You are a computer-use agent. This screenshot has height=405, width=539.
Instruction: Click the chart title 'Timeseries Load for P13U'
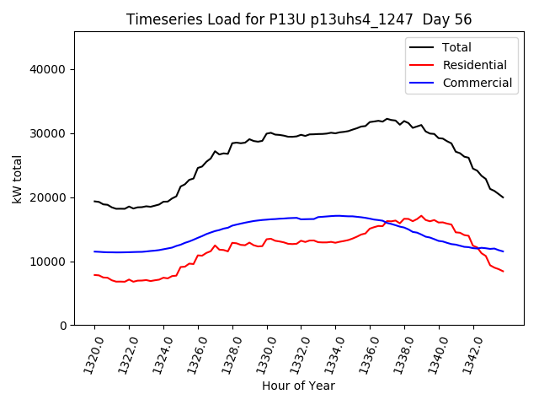299,19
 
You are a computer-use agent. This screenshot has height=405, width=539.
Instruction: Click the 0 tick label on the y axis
63,326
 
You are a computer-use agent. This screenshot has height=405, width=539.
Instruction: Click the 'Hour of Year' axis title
298,386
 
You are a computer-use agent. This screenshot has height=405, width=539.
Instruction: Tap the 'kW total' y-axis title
17,179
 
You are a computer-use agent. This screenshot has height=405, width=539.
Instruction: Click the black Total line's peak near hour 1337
387,119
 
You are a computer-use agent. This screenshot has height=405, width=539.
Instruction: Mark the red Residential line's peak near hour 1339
421,216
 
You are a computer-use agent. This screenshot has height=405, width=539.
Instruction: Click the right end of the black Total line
503,197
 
